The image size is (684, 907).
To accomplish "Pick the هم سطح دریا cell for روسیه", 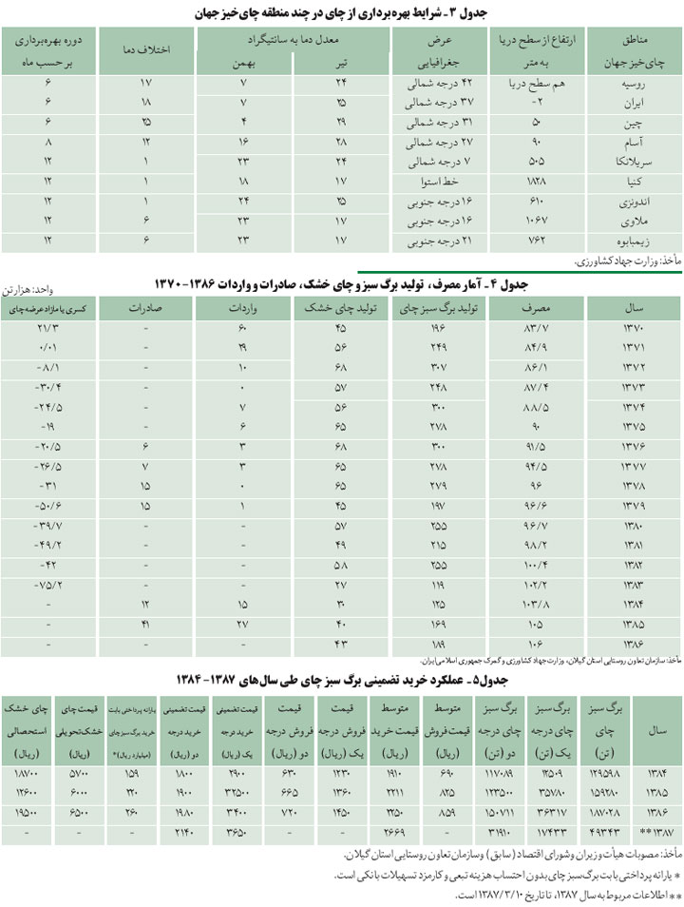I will click(528, 83).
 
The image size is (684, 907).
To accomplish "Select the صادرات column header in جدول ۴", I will click(148, 309).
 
